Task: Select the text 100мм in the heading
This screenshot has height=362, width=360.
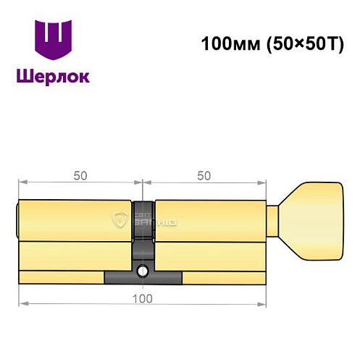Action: click(225, 43)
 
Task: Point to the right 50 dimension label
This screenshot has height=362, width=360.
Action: click(204, 175)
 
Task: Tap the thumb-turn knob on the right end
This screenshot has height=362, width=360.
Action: click(313, 220)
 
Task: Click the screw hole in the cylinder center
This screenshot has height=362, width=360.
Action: click(143, 272)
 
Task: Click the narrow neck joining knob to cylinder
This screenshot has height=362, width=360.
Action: click(274, 220)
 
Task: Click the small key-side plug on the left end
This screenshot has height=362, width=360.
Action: click(18, 220)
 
